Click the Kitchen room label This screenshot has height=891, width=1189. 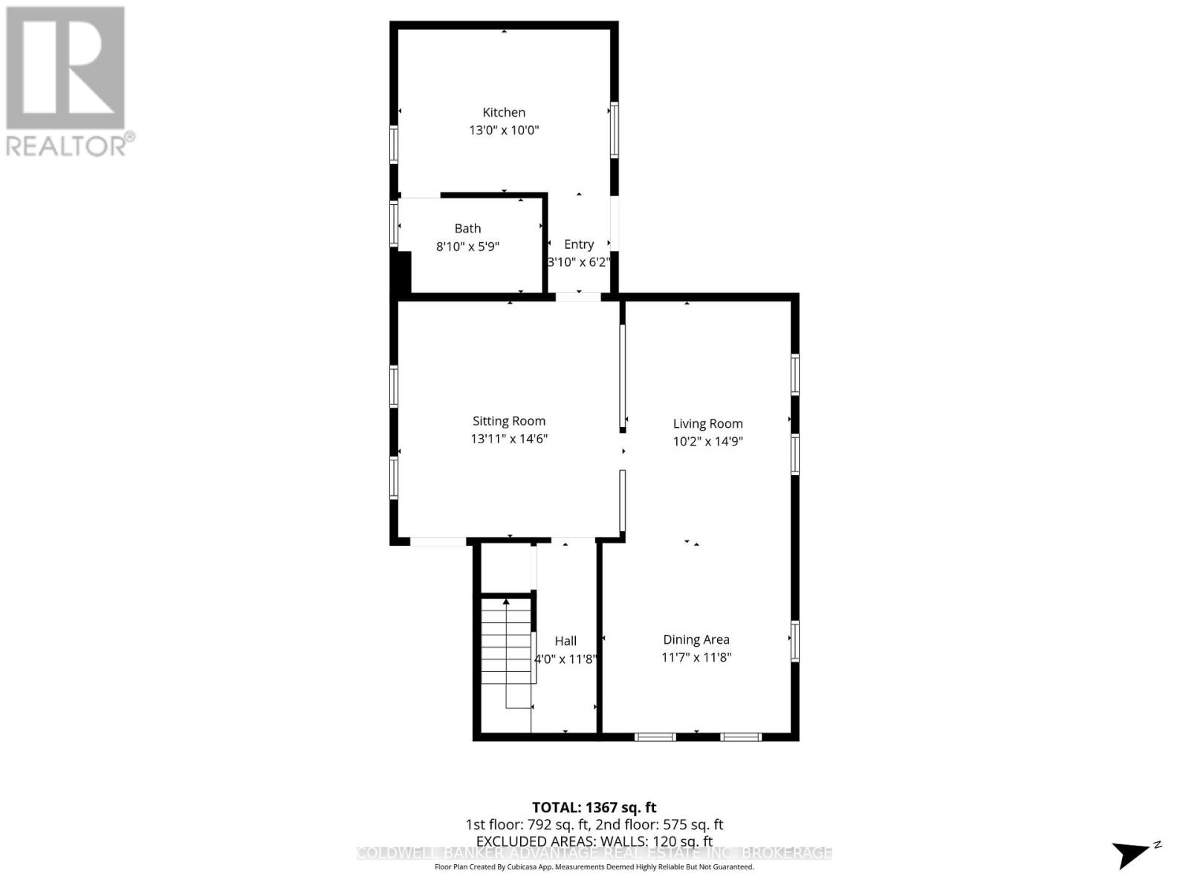coord(504,112)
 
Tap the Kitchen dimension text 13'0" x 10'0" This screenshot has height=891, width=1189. coord(504,130)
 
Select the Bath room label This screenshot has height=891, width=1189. coord(467,229)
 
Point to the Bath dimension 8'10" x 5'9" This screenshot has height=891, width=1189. coord(467,247)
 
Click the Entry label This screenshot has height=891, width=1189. coord(579,244)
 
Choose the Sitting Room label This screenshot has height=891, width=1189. coord(509,421)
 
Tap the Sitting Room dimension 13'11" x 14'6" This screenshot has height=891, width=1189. coord(509,439)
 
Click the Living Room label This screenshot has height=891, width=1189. coord(707,424)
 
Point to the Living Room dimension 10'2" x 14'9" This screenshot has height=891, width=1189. coord(707,442)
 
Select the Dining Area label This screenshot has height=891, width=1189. coord(696,639)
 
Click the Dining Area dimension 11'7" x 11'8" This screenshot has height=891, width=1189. coord(696,657)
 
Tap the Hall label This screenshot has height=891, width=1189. coord(566,641)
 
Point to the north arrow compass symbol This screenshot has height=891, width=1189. coord(1134,853)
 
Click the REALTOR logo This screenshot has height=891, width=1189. coord(67,82)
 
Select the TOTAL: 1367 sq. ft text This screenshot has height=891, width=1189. coord(594,807)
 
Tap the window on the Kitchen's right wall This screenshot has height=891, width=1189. coord(615,130)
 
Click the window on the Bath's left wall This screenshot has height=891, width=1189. coord(394,223)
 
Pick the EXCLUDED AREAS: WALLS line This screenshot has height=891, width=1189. coord(594,841)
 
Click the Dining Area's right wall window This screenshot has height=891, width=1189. coord(794,641)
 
